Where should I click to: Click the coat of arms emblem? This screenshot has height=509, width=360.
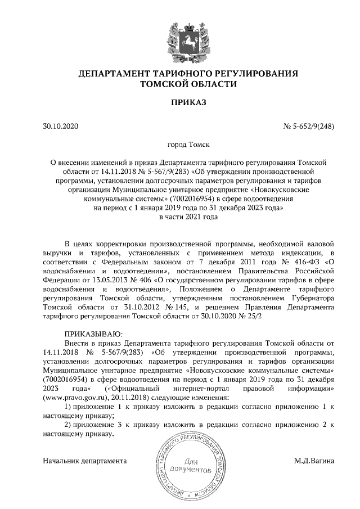[x=181, y=40]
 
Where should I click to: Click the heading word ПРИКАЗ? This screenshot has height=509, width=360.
[x=181, y=102]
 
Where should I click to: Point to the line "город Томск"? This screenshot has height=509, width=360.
[x=181, y=145]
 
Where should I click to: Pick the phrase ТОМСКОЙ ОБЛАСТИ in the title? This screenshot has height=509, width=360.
[x=181, y=84]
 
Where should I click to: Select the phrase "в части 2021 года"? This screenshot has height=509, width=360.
[x=181, y=217]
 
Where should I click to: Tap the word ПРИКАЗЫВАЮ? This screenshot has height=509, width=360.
[x=90, y=334]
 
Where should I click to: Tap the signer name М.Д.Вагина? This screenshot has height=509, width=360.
[x=314, y=461]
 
